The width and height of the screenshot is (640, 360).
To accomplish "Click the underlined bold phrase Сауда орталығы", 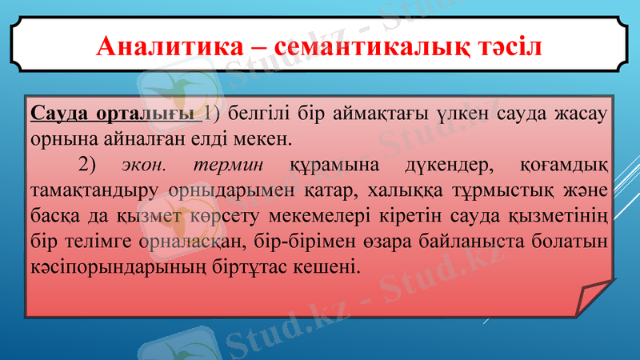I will click(114, 113).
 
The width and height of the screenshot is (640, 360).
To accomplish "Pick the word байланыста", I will click(479, 240).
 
